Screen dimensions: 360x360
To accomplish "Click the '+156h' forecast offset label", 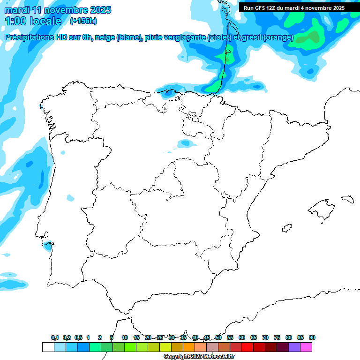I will click(83, 21).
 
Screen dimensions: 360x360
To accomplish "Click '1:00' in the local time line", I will click(15, 21).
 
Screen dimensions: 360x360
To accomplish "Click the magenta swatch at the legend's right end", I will click(307, 347).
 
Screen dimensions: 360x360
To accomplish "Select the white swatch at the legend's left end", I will click(48, 347).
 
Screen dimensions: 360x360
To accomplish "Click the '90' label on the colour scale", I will click(312, 337).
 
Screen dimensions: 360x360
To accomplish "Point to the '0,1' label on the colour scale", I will click(55, 337).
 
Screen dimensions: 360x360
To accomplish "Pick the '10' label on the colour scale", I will click(125, 337).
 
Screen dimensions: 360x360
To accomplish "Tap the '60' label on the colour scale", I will click(242, 337).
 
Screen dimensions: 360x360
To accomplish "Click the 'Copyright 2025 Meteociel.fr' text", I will click(199, 357).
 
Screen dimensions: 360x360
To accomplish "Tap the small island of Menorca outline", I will click(347, 199).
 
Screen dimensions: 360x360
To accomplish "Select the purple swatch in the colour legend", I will click(295, 347).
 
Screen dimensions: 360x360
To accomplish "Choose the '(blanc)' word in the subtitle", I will click(128, 37).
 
